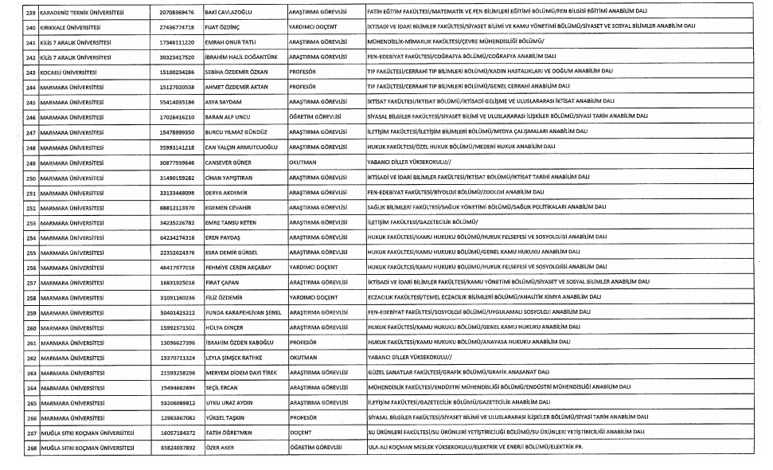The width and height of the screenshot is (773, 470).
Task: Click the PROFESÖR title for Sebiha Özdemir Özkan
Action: click(x=303, y=71)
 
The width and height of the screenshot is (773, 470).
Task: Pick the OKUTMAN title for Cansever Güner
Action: click(x=303, y=162)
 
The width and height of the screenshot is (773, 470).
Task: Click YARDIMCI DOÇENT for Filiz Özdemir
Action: click(x=315, y=296)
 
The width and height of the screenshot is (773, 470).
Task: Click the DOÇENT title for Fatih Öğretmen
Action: click(x=301, y=433)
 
